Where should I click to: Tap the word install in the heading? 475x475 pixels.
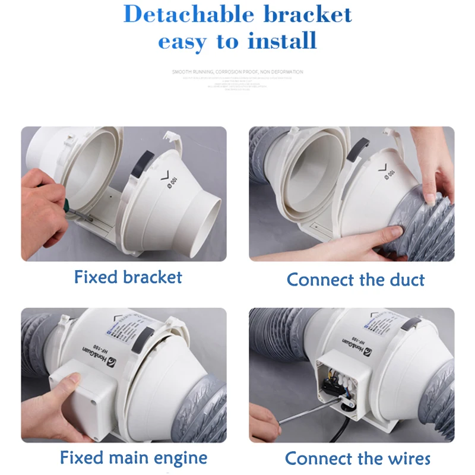[282, 42]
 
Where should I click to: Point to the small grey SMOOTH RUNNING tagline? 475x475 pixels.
[237, 72]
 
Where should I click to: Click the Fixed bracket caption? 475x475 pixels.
[128, 277]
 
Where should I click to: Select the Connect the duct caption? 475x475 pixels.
[356, 279]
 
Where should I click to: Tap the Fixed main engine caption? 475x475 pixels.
[134, 458]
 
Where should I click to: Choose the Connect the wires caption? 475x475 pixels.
[357, 458]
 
